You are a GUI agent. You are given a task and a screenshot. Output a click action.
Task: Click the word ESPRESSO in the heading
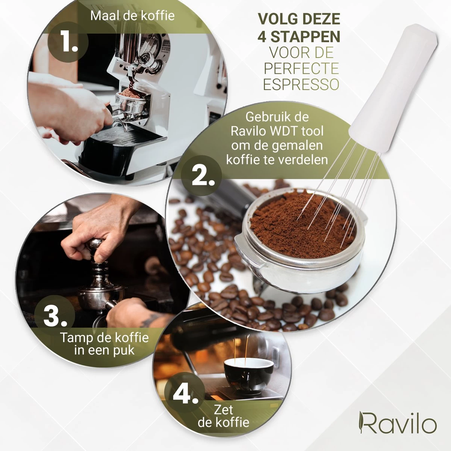tap(301, 84)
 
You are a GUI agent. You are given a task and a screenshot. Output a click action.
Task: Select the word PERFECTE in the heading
tap(301, 69)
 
